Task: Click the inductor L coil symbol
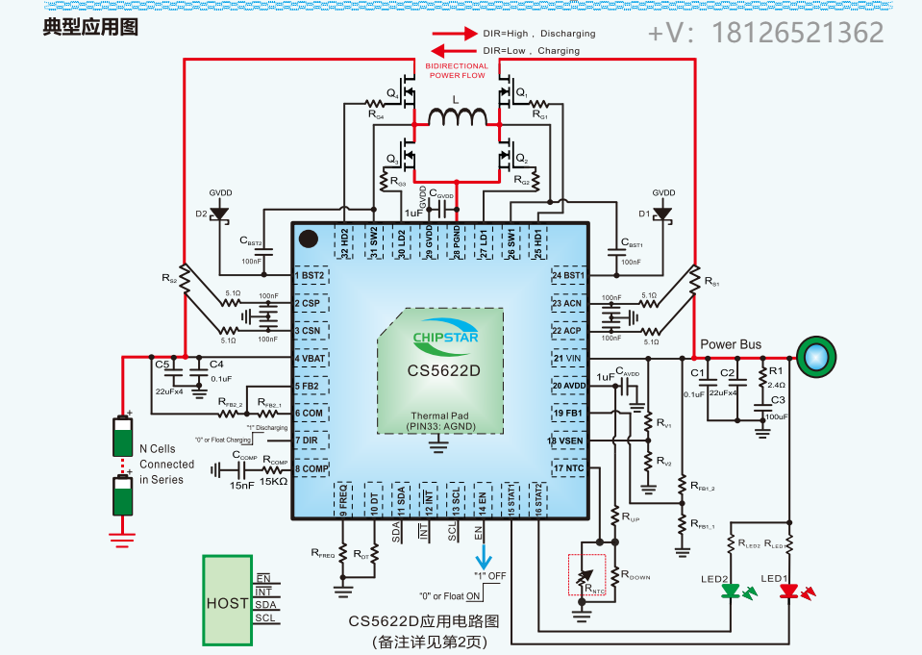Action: (457, 118)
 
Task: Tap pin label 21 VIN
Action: (568, 359)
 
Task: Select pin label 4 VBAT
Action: (311, 359)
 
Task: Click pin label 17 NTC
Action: (568, 468)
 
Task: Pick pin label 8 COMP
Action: (311, 468)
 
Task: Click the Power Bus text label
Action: (731, 344)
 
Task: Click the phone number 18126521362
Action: (796, 33)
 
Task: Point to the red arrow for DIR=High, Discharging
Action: (454, 32)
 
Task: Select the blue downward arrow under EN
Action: (484, 556)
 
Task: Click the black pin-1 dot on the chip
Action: (308, 238)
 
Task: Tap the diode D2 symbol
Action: (219, 213)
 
